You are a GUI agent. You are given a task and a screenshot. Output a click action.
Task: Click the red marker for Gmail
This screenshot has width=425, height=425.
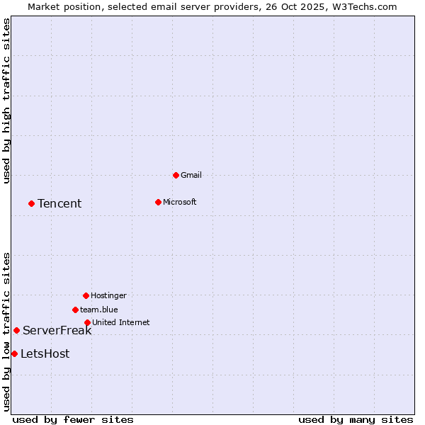pos(176,175)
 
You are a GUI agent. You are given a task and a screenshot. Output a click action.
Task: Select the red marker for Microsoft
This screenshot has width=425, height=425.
pos(158,202)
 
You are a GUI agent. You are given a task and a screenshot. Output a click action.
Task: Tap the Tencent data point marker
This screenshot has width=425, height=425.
pos(31,203)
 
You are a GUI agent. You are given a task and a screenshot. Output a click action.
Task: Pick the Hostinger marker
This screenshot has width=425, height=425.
pos(86,295)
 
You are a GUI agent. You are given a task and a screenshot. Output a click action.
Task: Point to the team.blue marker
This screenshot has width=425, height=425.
pos(75,310)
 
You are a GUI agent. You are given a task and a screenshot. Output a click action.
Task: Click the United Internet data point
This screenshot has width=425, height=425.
pos(87,322)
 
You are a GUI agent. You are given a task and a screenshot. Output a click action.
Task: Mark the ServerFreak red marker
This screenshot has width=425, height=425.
pos(16,330)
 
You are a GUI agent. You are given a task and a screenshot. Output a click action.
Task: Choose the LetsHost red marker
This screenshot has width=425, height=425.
pos(14,353)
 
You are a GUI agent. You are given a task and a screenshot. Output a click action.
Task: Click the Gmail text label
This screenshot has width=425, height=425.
pos(191,175)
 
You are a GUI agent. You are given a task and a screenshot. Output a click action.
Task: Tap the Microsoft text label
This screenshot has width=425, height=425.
pos(180,202)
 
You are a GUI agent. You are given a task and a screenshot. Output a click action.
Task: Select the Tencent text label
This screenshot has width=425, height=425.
pos(59,203)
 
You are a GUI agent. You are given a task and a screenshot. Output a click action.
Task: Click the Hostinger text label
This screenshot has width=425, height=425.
pos(109,295)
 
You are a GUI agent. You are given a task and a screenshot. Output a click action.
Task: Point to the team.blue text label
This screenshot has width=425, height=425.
pos(99,310)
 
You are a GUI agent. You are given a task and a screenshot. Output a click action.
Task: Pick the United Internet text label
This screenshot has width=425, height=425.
pos(121,322)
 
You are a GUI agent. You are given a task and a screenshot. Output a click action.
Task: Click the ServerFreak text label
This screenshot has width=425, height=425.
pos(57,330)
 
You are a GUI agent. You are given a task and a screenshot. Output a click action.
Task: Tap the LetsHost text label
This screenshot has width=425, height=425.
pos(45,353)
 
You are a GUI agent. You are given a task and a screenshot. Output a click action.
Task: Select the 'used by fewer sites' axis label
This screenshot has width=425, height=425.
pos(73,419)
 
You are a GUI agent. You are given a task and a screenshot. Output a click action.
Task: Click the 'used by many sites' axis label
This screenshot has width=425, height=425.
pos(356,419)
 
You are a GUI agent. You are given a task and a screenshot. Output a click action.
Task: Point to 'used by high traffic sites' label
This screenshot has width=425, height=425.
pos(6,101)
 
